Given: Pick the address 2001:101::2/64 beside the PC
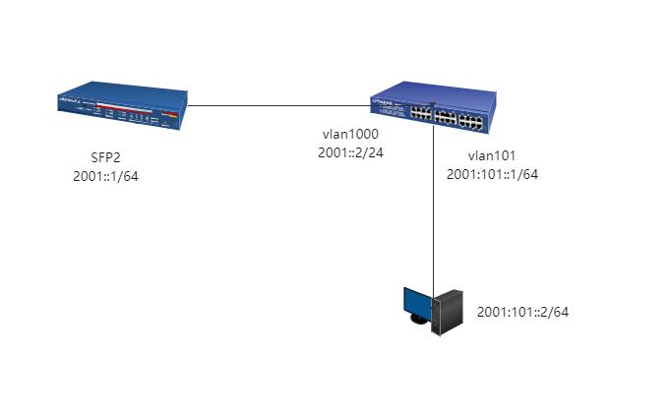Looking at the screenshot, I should [523, 312].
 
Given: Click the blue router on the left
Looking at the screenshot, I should [122, 107].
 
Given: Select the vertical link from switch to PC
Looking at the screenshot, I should [433, 207].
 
